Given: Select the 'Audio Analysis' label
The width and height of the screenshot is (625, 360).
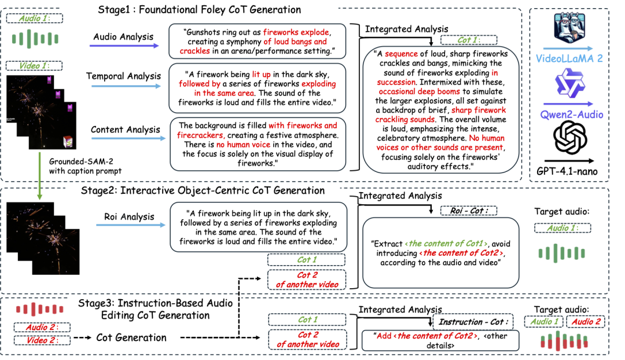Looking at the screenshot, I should [123, 37].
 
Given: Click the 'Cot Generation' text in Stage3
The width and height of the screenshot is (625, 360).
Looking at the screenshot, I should [131, 337].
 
